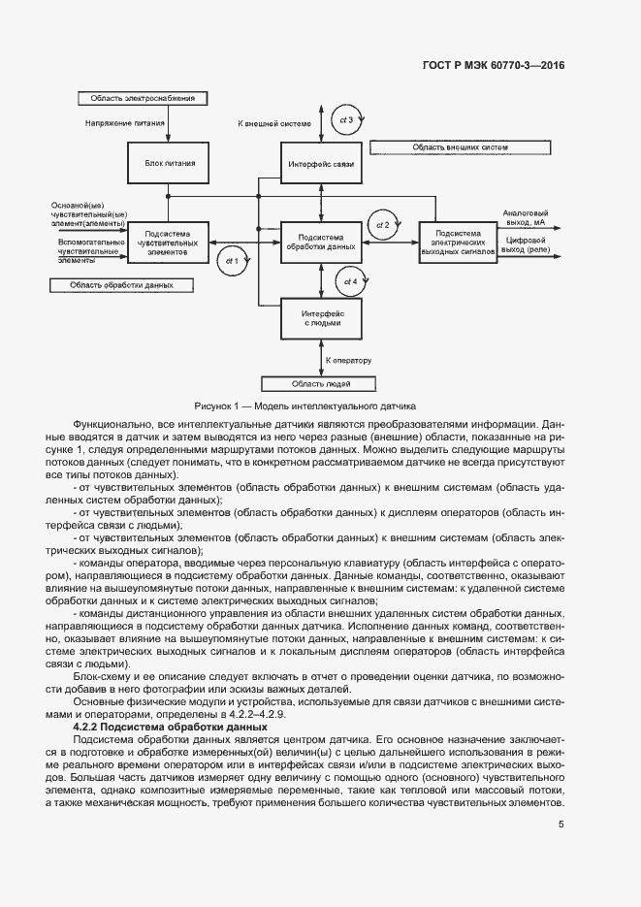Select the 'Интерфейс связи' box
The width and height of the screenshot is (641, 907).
click(x=321, y=165)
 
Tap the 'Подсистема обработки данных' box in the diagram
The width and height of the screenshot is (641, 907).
click(x=321, y=241)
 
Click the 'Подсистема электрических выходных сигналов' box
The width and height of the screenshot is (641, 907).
click(x=459, y=241)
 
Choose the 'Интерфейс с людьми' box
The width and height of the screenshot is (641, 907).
click(x=321, y=317)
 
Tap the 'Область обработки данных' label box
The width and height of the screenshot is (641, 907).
click(x=121, y=285)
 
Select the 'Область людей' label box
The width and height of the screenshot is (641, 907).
click(x=321, y=384)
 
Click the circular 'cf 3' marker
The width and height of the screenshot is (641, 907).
click(x=347, y=119)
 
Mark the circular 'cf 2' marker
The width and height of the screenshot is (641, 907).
click(x=382, y=225)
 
